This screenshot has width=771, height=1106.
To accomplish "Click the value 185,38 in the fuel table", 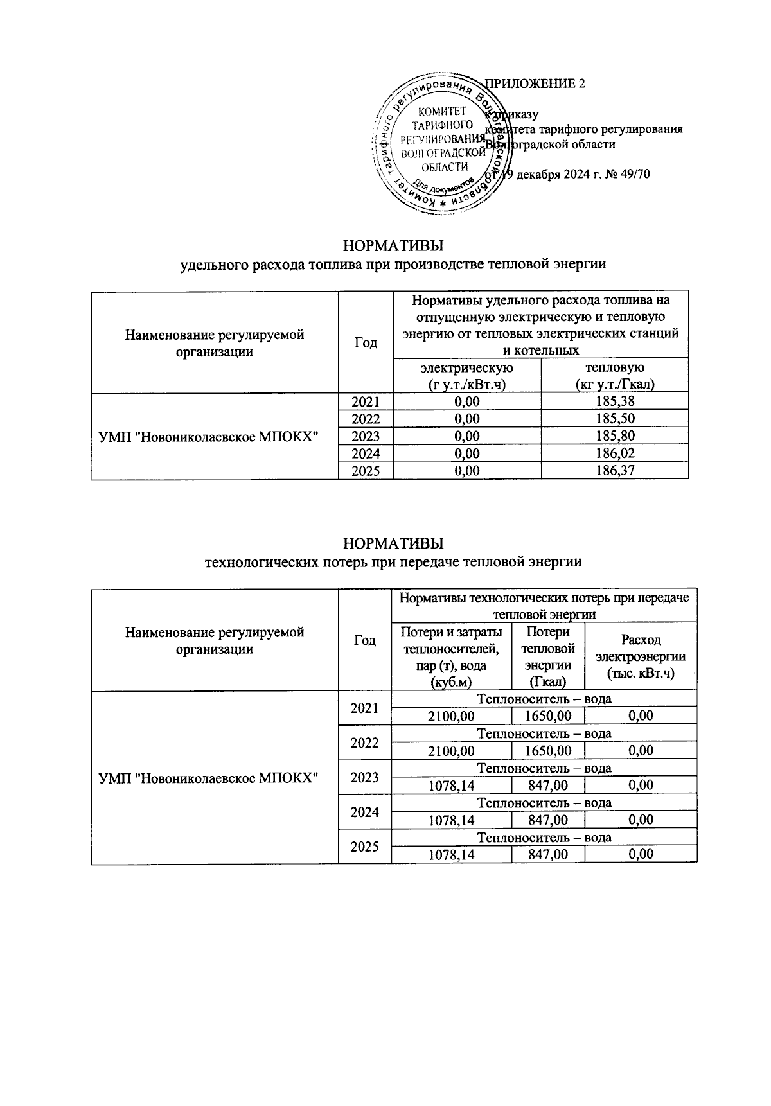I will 614,402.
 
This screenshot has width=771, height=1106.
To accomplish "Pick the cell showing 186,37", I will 614,471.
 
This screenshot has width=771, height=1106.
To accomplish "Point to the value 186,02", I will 614,453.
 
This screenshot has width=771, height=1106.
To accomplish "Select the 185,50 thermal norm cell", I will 614,419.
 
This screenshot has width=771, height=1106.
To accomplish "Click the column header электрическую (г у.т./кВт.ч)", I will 466,376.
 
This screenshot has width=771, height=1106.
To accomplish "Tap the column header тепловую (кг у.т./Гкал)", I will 614,376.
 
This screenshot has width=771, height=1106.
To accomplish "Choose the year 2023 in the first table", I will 365,437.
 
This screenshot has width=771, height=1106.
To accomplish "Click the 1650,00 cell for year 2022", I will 548,750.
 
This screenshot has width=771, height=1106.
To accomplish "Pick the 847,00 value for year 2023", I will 548,785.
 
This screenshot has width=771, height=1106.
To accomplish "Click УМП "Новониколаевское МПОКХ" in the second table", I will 209,777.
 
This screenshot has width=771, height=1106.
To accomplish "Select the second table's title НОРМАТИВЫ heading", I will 393,543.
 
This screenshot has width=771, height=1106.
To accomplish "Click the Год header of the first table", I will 365,343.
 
